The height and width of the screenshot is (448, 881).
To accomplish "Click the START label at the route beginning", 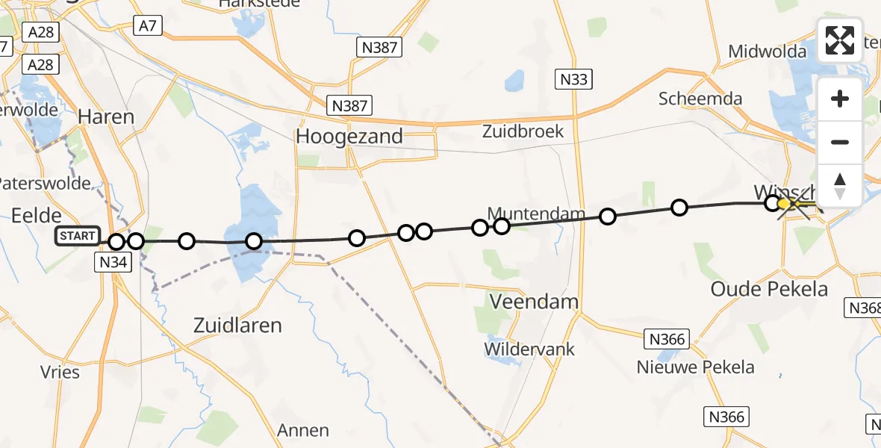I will tap(78, 237).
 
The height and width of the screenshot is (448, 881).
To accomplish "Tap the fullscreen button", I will tap(840, 40).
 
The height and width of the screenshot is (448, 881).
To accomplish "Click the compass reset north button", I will tap(840, 185).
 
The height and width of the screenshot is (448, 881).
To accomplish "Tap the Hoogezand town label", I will tap(349, 137).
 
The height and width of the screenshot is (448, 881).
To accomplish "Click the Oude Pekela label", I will tap(769, 289).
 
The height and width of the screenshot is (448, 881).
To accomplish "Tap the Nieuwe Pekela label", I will tap(695, 367).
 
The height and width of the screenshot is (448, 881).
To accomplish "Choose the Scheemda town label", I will tap(700, 99).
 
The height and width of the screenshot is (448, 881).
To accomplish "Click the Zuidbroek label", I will tap(523, 131).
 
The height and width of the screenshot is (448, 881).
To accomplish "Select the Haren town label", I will tap(106, 116).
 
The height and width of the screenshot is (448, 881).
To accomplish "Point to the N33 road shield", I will tap(573, 78).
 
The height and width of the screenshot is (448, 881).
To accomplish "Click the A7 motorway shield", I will tap(147, 25).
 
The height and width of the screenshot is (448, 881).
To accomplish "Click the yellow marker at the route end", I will tap(784, 204).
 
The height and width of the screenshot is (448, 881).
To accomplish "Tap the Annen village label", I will tap(303, 430).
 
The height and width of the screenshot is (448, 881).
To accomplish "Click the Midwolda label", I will tap(768, 52).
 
